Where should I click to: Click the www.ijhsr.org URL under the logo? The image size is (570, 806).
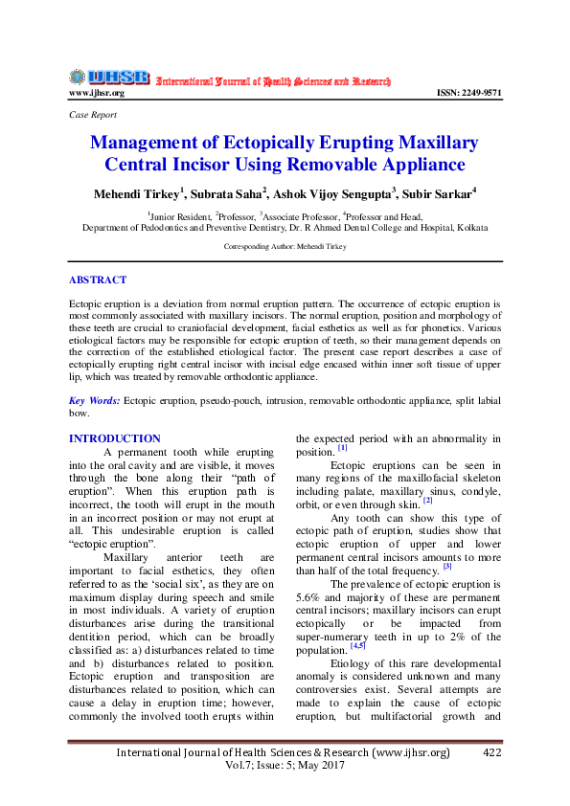96,93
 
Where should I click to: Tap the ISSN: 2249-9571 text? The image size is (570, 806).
468,93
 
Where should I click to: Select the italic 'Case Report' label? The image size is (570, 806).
93,115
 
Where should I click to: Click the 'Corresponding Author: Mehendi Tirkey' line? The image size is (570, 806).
284,246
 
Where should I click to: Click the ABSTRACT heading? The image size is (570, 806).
97,280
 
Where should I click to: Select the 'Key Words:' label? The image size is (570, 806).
94,401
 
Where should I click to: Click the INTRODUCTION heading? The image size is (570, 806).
114,438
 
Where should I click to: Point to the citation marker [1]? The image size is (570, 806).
342,448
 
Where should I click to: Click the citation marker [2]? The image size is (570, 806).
427,501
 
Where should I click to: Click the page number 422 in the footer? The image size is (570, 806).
492,753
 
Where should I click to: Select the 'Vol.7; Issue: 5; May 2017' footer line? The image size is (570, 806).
284,768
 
